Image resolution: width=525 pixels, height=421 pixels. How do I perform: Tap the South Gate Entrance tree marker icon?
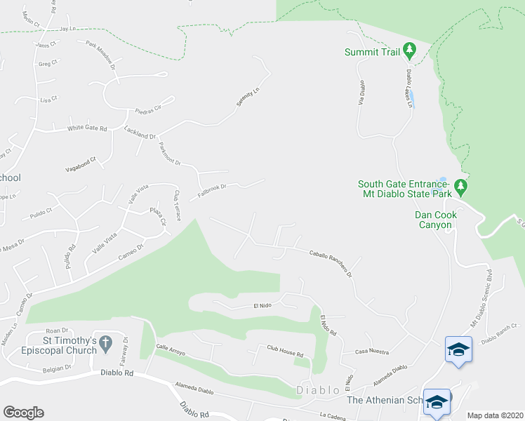461,187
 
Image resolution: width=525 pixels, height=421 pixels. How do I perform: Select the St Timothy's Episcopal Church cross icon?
106,343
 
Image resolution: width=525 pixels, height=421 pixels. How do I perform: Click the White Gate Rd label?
86,128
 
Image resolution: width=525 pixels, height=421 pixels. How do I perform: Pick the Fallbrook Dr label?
213,189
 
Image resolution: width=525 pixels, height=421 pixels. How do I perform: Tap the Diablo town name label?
319,390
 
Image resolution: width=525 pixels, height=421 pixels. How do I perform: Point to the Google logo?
23,413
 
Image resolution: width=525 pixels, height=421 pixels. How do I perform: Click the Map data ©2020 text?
495,415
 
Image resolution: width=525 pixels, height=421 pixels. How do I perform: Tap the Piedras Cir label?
148,109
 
